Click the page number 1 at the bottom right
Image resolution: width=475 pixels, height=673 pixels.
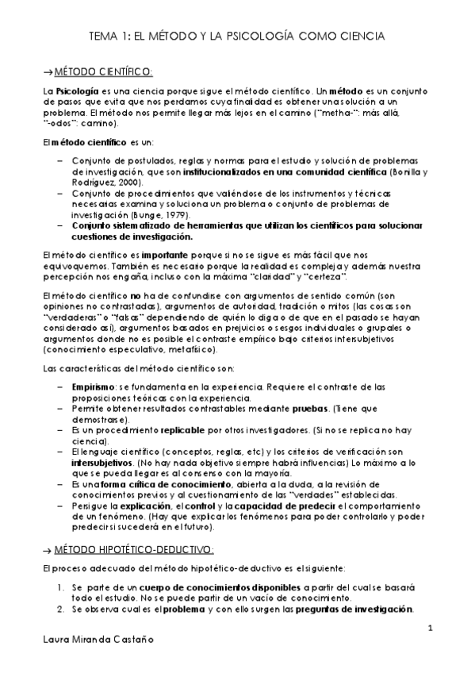[430, 628]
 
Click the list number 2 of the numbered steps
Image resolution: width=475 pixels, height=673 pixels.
[62, 609]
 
